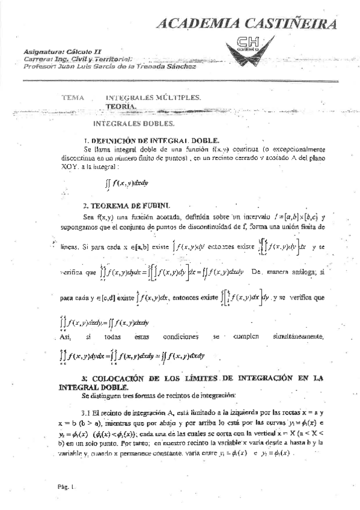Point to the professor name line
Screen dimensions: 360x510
[109, 66]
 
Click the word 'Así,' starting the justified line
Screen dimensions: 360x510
[66, 337]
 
